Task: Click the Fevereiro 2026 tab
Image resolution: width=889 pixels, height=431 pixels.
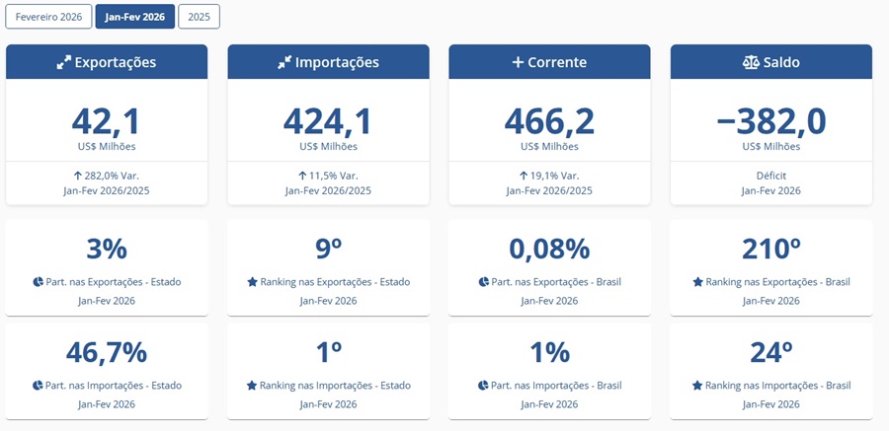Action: pyautogui.click(x=48, y=17)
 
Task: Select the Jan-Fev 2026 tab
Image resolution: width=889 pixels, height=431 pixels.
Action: pyautogui.click(x=134, y=17)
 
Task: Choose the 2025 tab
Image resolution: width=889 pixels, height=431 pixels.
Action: pyautogui.click(x=199, y=17)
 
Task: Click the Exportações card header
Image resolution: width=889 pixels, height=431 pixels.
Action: pyautogui.click(x=107, y=62)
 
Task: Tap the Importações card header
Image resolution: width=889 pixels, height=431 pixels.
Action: pyautogui.click(x=328, y=62)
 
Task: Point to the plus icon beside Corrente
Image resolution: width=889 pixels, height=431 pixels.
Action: pyautogui.click(x=517, y=62)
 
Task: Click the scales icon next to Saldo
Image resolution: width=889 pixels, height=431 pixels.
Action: pyautogui.click(x=751, y=62)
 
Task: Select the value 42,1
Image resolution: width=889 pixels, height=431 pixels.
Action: pyautogui.click(x=107, y=120)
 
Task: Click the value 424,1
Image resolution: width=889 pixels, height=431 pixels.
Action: pyautogui.click(x=328, y=120)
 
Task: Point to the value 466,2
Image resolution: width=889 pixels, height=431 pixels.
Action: pyautogui.click(x=549, y=120)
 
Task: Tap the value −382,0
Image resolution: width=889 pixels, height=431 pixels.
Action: pyautogui.click(x=770, y=120)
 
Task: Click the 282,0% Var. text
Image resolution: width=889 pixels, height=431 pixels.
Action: pyautogui.click(x=107, y=176)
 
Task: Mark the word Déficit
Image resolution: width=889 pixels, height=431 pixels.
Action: pyautogui.click(x=770, y=176)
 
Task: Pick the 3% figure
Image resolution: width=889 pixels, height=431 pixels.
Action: pyautogui.click(x=107, y=249)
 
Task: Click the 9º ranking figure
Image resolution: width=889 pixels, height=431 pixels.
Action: pyautogui.click(x=328, y=249)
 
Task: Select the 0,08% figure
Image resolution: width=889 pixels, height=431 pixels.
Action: pyautogui.click(x=549, y=249)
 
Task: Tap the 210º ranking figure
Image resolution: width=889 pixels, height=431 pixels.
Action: pyautogui.click(x=770, y=249)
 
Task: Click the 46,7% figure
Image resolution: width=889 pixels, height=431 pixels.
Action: pyautogui.click(x=107, y=352)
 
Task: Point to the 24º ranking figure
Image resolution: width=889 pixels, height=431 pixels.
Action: pyautogui.click(x=770, y=352)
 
